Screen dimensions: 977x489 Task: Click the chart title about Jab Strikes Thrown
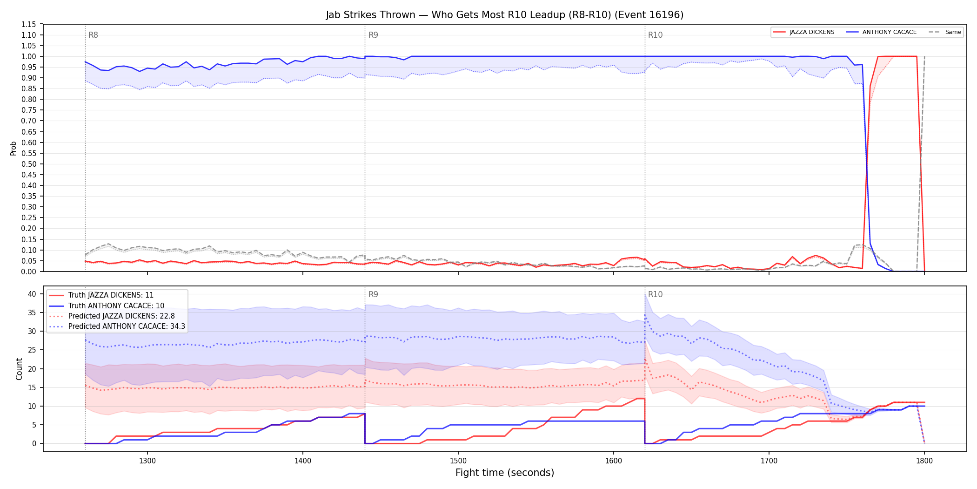[504, 15]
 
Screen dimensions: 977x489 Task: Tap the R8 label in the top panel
[93, 35]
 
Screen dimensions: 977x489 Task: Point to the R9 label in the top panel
[373, 35]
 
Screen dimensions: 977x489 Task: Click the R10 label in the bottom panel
[655, 294]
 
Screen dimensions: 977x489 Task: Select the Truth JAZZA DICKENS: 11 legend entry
[111, 295]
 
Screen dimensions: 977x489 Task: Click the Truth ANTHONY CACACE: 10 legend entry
[116, 306]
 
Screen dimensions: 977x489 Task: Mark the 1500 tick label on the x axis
[458, 461]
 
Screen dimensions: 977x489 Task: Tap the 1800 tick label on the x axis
[924, 461]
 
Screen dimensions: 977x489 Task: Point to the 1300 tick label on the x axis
[147, 461]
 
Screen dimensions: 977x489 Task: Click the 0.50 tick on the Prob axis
[29, 164]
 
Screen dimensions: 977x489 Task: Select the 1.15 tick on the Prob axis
[29, 24]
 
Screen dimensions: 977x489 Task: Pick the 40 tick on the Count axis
[32, 294]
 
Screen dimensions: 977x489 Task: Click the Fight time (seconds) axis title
[505, 473]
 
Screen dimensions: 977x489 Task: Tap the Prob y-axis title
[13, 148]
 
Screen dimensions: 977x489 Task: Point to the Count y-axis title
[19, 369]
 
